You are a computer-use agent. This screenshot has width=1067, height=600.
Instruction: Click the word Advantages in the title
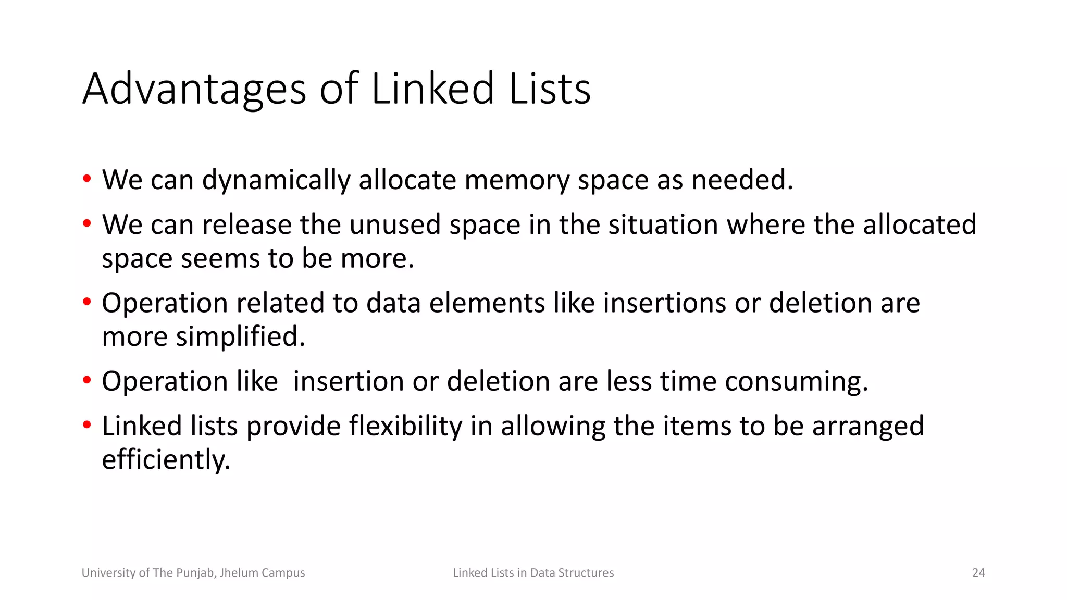point(194,90)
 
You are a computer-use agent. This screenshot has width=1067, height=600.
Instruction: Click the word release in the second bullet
point(246,225)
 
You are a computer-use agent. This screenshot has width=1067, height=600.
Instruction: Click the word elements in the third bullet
point(487,303)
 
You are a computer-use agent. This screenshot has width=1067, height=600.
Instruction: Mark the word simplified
point(240,337)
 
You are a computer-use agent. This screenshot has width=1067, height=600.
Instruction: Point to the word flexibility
point(405,427)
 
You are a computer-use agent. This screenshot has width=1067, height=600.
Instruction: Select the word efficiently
point(166,460)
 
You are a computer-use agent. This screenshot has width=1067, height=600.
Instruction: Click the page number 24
point(978,573)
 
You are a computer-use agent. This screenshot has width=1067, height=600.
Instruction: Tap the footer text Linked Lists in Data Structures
point(533,573)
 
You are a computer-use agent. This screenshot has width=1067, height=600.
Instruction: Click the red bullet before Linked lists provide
point(87,425)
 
